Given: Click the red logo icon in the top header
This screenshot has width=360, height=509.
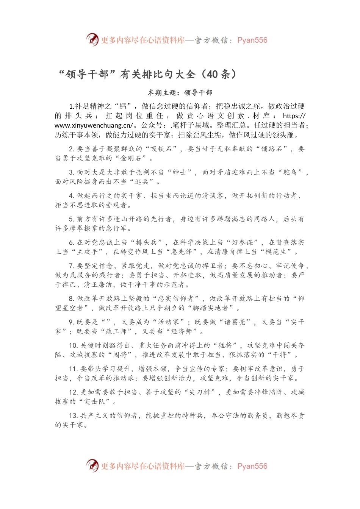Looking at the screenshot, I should [92, 39].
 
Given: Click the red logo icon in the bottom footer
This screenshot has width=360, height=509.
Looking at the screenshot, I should [92, 465].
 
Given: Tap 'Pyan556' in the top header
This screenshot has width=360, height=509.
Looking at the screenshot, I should [252, 40].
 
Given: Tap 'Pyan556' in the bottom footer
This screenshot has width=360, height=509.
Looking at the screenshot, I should [252, 466].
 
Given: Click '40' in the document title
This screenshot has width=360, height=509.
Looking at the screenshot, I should [212, 74].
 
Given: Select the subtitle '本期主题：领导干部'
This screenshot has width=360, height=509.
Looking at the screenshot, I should [180, 92].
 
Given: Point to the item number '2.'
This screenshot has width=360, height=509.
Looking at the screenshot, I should [72, 149].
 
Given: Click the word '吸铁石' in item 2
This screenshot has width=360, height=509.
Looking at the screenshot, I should [161, 149].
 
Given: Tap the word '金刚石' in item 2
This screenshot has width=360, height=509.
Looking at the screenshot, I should [131, 158].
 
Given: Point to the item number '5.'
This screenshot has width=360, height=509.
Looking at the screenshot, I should [72, 219].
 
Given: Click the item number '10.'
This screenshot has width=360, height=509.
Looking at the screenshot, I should [74, 346].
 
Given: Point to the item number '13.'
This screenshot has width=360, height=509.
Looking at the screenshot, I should [74, 416].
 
